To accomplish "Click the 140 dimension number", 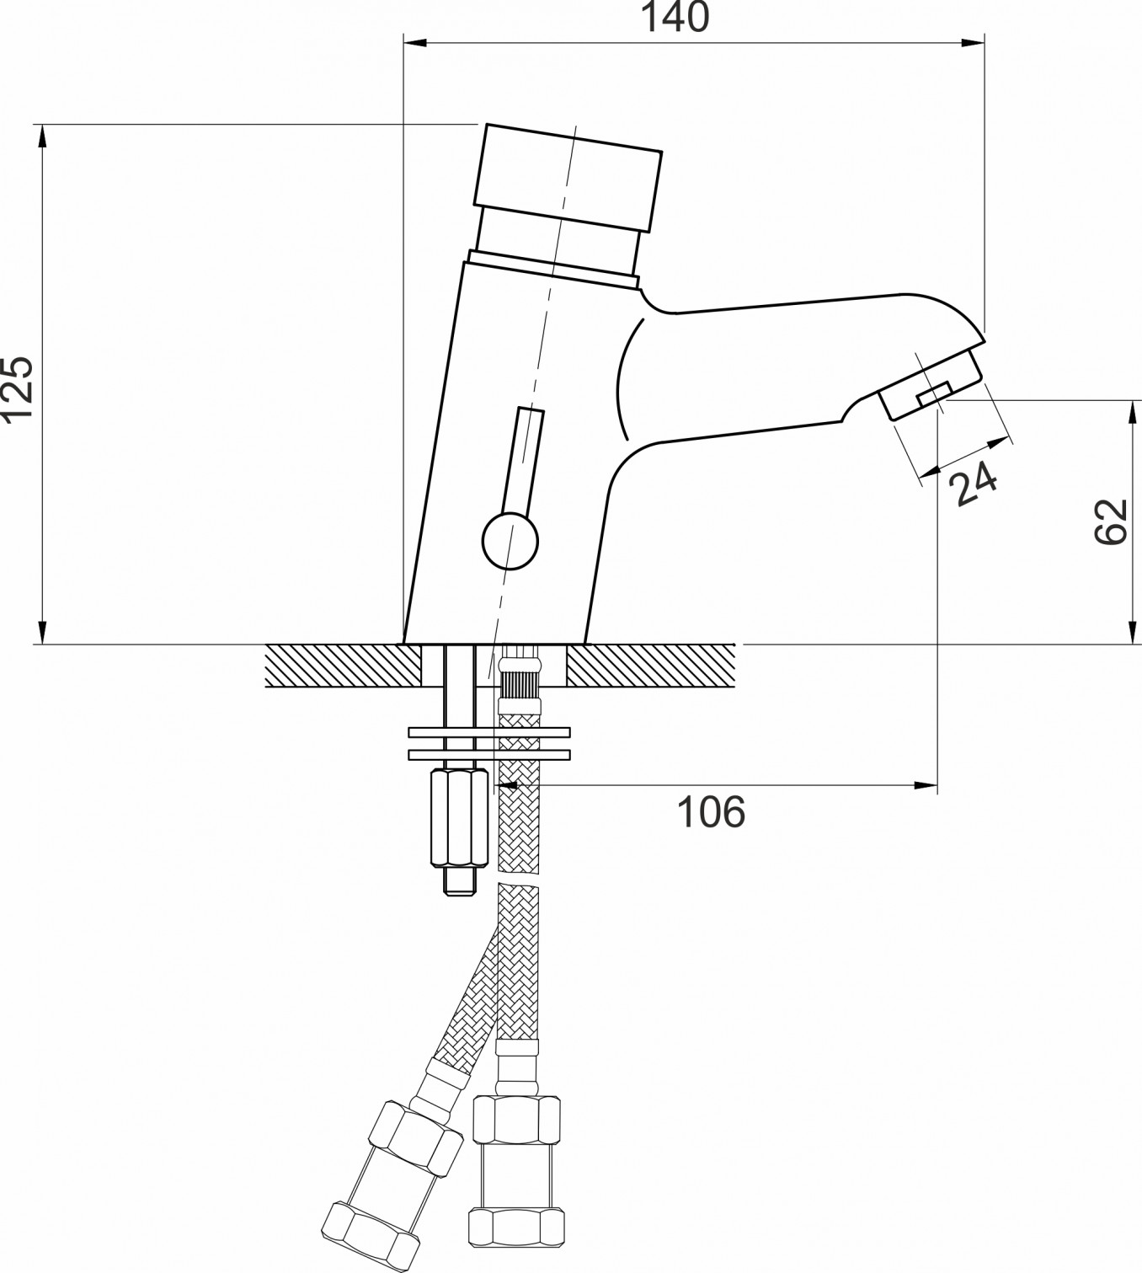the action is [675, 18].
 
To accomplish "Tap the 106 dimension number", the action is [711, 812].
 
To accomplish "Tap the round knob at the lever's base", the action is [510, 542].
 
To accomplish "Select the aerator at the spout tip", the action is [930, 385].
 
